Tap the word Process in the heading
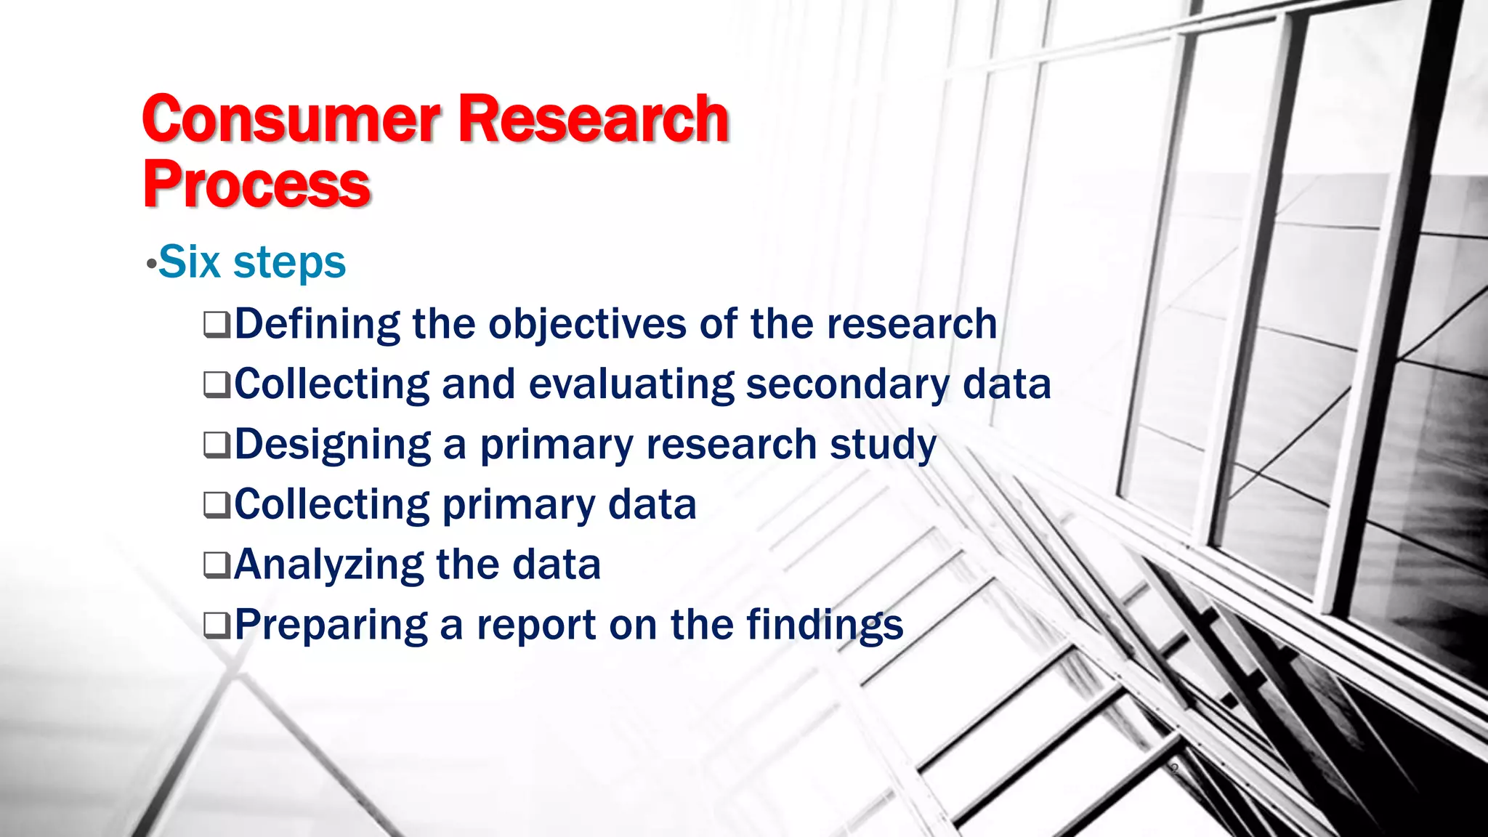[256, 185]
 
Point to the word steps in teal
[289, 263]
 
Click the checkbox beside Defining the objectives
[217, 325]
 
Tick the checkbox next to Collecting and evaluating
[217, 385]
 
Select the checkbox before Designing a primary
[217, 445]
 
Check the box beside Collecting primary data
[217, 506]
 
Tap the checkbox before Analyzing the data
[217, 565]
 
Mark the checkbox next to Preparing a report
[217, 626]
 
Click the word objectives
[587, 324]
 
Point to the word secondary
[847, 384]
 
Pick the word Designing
[332, 445]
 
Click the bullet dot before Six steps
[150, 264]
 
